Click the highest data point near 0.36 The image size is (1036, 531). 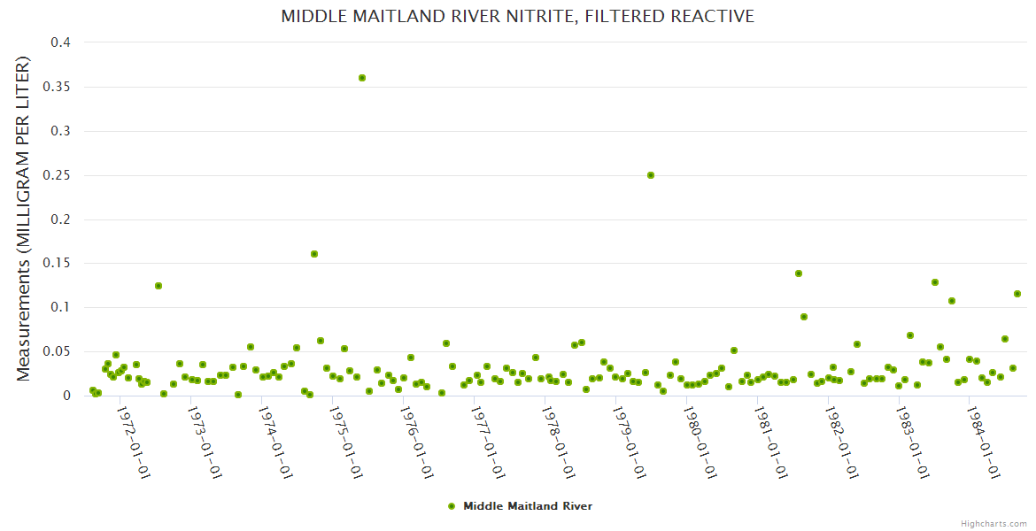pyautogui.click(x=362, y=78)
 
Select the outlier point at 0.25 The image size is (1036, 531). pyautogui.click(x=651, y=175)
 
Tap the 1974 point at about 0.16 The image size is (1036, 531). pyautogui.click(x=314, y=254)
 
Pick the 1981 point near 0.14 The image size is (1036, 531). pyautogui.click(x=799, y=273)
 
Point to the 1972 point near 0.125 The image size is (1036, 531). pyautogui.click(x=158, y=286)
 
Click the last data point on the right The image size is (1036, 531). pyautogui.click(x=1017, y=294)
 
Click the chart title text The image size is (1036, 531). pyautogui.click(x=517, y=16)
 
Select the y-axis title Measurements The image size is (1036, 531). pyautogui.click(x=24, y=219)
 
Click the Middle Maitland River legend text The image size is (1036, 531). pyautogui.click(x=528, y=506)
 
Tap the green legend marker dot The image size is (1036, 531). pyautogui.click(x=452, y=506)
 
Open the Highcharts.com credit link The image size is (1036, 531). pyautogui.click(x=994, y=523)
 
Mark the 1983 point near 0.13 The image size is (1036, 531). pyautogui.click(x=935, y=282)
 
